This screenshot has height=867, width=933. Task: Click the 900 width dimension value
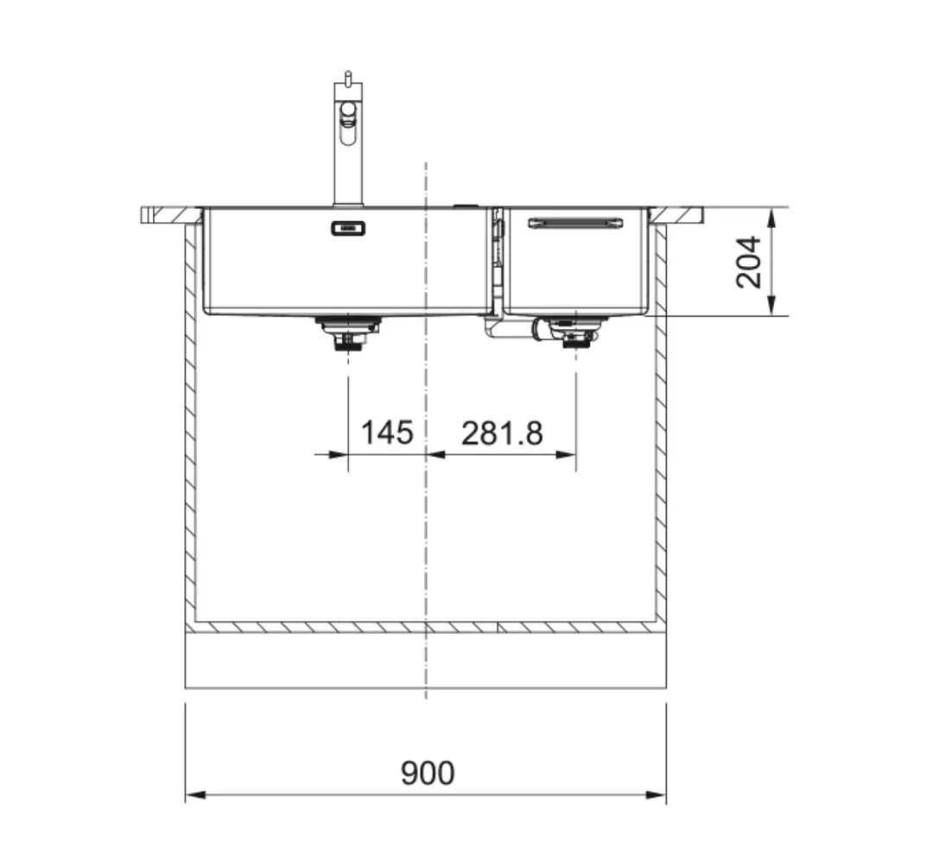click(428, 773)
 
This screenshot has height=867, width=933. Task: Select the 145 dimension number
click(387, 433)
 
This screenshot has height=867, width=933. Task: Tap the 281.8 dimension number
click(502, 433)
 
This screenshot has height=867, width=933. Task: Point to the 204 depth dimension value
click(748, 263)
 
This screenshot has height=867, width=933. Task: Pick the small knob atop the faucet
click(347, 76)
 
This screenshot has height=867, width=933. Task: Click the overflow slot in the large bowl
click(348, 228)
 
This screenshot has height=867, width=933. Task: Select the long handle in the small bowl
click(576, 223)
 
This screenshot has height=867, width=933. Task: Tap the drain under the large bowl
click(348, 332)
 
